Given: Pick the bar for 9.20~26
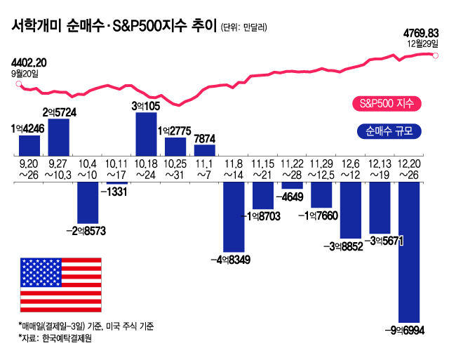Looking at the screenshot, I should coord(29,145).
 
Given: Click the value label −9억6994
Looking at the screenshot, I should coord(409,329).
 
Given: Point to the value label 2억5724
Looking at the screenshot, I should coord(58,112).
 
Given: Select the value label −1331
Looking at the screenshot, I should coord(116,192).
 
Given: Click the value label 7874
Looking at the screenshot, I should coord(204,138).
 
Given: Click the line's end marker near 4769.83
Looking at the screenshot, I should coord(438,55).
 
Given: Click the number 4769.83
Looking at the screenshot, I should coord(421,32).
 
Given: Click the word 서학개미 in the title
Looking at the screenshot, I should coord(36,27).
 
